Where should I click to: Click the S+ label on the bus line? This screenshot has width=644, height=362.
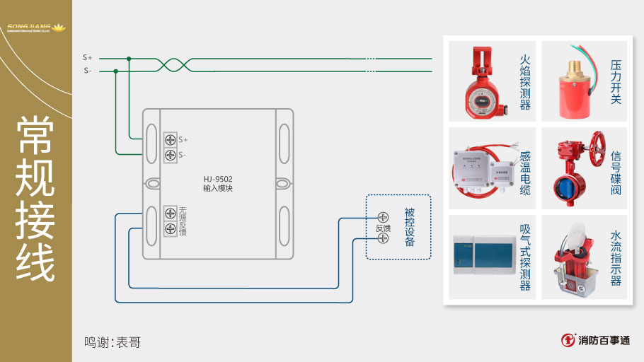click(x=87, y=57)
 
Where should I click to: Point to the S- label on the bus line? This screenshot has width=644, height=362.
click(x=87, y=71)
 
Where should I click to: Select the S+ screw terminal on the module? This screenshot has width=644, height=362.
click(x=171, y=139)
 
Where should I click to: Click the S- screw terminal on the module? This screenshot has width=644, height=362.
click(x=171, y=155)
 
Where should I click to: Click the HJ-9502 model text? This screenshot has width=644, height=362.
click(x=218, y=179)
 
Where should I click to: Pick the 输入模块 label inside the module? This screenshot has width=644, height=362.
click(x=218, y=189)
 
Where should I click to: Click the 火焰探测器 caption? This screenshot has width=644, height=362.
click(x=524, y=82)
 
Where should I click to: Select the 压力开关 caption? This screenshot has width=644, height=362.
click(x=616, y=82)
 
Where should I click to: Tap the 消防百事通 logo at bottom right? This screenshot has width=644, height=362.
click(x=595, y=340)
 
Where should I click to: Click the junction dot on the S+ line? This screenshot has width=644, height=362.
click(x=128, y=59)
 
